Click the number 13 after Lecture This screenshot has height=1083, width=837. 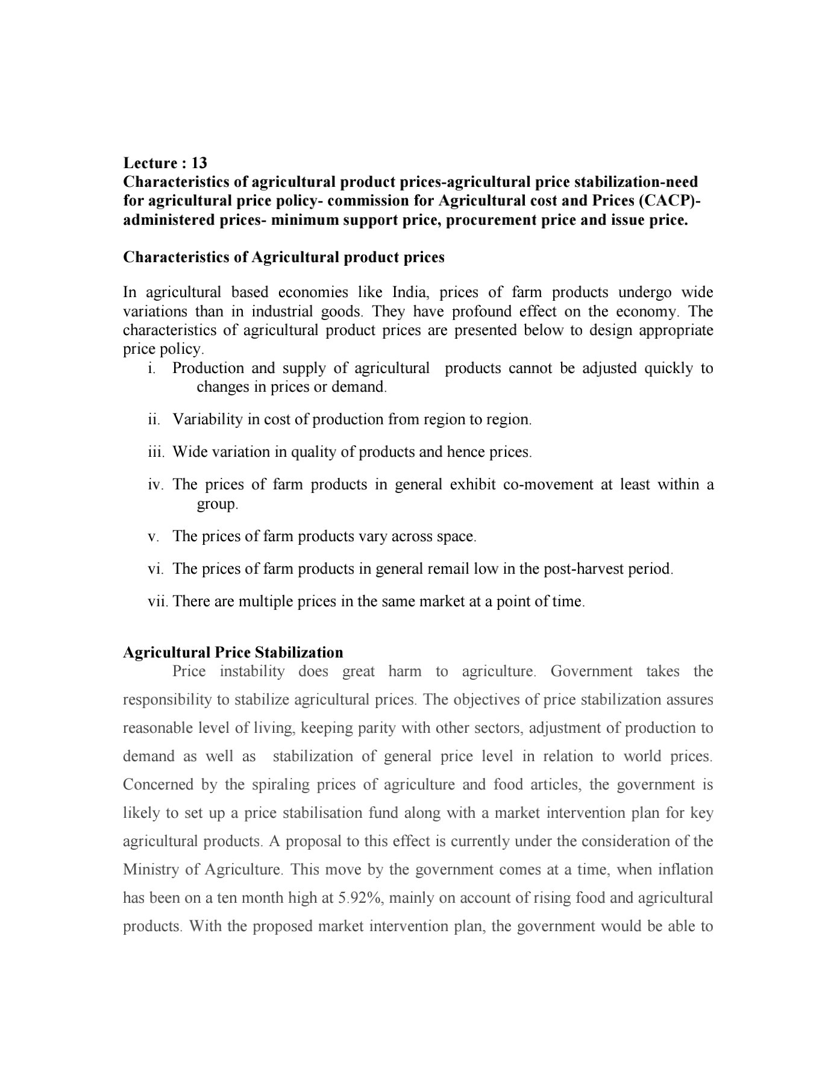click(x=199, y=163)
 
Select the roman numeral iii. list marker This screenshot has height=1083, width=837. click(x=156, y=452)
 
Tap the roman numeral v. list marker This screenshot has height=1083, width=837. click(x=154, y=536)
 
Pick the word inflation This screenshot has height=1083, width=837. click(x=682, y=870)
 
